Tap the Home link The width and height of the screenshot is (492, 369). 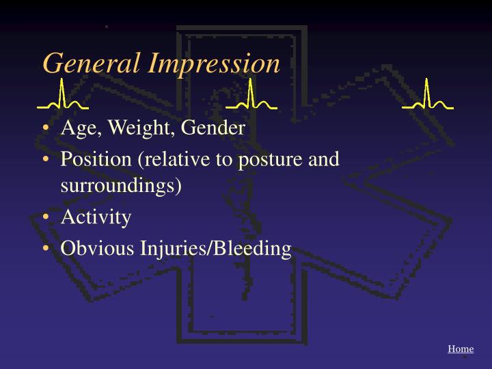[x=461, y=349]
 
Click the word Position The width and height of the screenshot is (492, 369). [x=97, y=159]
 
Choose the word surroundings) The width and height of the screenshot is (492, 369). [x=121, y=186]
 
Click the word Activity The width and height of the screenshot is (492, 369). [x=96, y=217]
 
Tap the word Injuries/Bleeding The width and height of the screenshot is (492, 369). [x=216, y=248]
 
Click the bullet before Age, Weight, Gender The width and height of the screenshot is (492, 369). [x=45, y=129]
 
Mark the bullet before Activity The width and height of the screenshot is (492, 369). [x=45, y=217]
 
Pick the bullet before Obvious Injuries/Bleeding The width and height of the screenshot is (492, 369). [x=45, y=248]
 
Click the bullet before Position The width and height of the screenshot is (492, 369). [x=45, y=159]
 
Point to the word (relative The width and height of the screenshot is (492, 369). [x=172, y=159]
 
